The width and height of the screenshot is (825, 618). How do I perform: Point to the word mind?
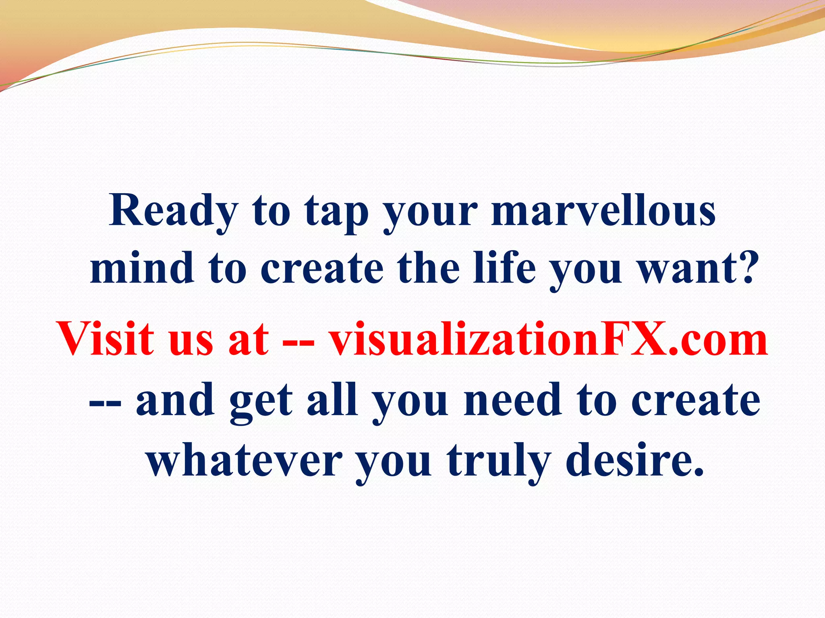141,268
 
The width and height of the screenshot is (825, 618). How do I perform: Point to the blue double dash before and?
105,404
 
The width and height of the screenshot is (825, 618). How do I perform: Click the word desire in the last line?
634,459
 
